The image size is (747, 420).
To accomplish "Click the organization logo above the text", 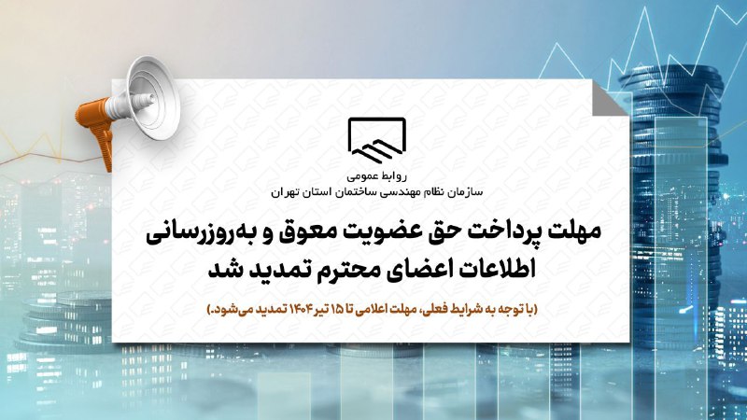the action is coord(376,139).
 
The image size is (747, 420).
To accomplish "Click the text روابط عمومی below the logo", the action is coord(377,176).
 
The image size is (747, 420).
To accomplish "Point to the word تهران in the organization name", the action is coord(285,192).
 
